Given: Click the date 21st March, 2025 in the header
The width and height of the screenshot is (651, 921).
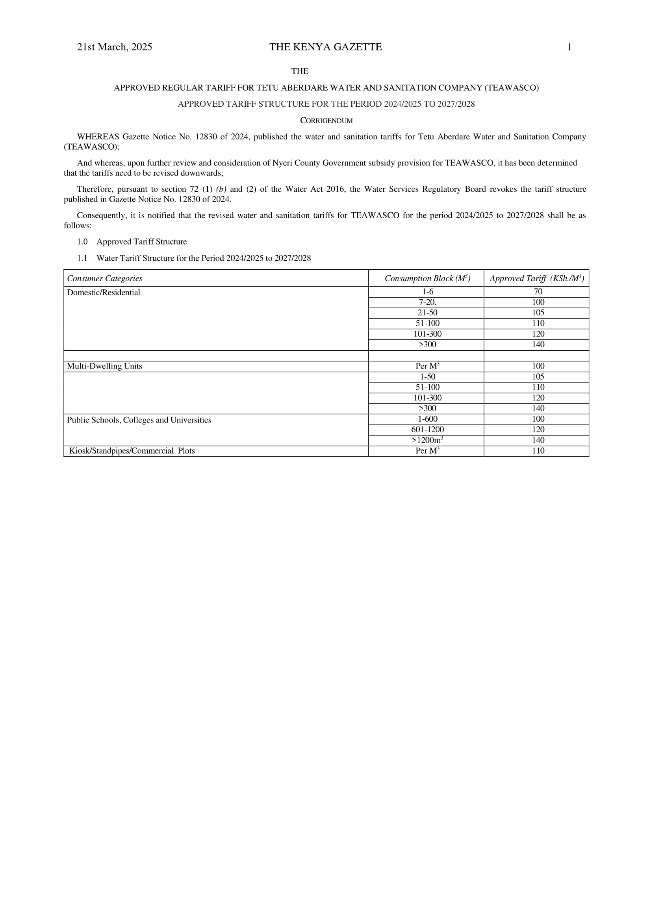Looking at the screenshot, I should click(114, 47).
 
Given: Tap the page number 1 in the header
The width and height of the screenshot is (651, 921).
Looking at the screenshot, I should click(569, 47).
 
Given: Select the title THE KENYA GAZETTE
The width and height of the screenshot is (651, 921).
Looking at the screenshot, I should click(325, 47).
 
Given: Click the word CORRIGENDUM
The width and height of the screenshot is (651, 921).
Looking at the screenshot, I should click(326, 121).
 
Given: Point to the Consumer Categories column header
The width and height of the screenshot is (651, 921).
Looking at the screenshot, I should click(105, 278).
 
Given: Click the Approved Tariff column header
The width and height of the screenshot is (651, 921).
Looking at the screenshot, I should click(536, 278).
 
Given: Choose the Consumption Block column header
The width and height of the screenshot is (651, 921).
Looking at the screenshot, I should click(427, 278).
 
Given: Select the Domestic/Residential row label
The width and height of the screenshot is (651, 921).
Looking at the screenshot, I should click(104, 293).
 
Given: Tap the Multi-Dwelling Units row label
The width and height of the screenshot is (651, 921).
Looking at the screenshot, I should click(104, 366).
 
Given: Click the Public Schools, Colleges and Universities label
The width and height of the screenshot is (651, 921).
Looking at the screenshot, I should click(139, 420).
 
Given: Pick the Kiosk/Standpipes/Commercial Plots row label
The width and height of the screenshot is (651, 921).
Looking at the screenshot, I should click(132, 451).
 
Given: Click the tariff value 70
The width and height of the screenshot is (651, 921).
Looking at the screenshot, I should click(538, 292).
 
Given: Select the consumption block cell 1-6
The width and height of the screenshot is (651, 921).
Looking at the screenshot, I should click(428, 292).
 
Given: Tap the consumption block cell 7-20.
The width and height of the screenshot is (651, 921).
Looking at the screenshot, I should click(428, 302).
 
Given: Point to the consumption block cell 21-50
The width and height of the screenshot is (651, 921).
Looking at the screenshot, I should click(428, 313).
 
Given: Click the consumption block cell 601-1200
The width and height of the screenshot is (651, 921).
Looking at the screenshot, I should click(428, 430).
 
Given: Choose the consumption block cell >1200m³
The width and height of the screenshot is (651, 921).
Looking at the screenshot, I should click(428, 440).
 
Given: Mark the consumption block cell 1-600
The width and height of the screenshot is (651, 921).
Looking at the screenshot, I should click(428, 419).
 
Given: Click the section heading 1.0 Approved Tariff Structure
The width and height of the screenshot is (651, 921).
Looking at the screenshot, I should click(132, 242).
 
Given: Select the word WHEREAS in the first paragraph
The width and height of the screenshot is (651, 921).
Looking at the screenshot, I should click(98, 137).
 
